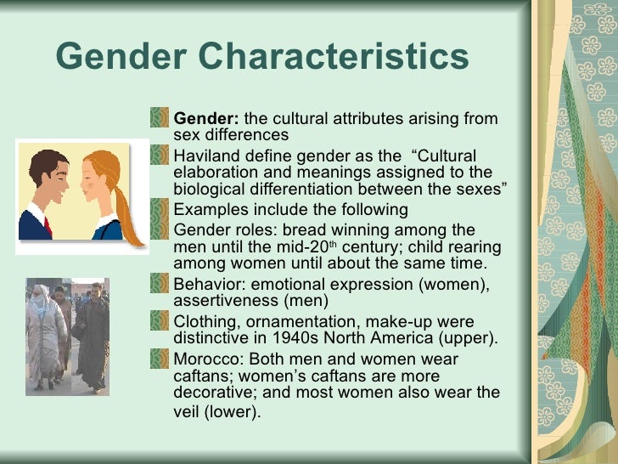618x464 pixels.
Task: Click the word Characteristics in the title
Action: click(x=334, y=59)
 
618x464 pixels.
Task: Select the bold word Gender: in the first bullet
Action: click(x=206, y=118)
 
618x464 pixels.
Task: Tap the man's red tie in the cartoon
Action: click(x=47, y=225)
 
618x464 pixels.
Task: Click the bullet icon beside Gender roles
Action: click(x=160, y=230)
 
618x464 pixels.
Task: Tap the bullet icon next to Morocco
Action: click(x=160, y=359)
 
